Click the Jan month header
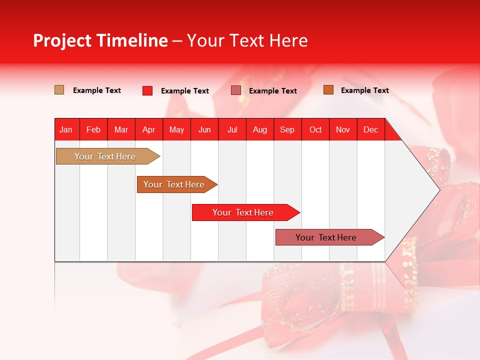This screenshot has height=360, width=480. (x=66, y=129)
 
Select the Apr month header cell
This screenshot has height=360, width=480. (x=148, y=129)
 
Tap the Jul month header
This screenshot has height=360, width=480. (x=232, y=129)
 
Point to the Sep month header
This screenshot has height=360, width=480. (x=287, y=129)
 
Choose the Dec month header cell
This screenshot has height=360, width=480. (x=370, y=129)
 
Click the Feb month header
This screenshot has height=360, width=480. (x=93, y=129)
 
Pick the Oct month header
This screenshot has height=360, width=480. (x=315, y=129)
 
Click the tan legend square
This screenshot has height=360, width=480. (x=59, y=90)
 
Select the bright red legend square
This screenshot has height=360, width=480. (x=147, y=90)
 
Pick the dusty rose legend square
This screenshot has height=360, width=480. (x=236, y=90)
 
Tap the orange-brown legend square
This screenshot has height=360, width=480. (x=328, y=90)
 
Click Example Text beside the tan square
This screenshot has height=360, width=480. (x=97, y=90)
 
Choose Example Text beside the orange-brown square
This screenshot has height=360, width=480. (x=364, y=90)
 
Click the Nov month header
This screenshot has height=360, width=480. (x=343, y=129)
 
